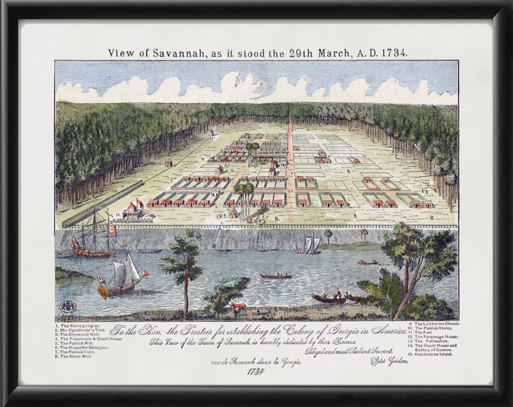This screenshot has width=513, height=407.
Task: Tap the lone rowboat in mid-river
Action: click(275, 276)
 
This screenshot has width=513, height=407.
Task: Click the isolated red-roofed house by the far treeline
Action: click(211, 133)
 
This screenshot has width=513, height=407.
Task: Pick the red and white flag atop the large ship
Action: click(112, 229)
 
